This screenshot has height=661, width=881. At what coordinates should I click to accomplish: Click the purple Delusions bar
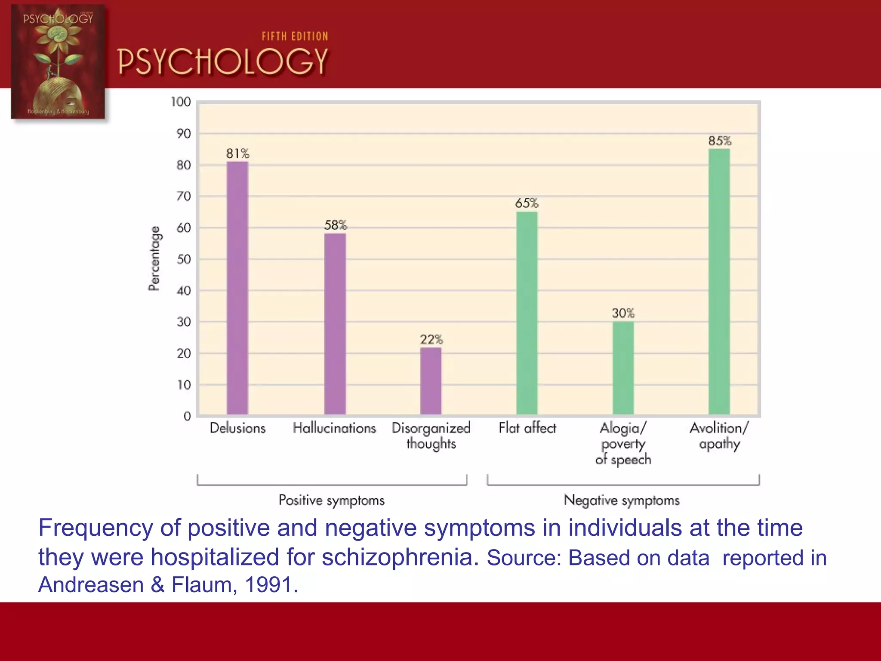click(x=237, y=288)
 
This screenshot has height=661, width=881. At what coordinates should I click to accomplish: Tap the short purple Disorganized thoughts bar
click(x=431, y=381)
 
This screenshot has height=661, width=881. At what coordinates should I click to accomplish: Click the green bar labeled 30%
click(x=623, y=368)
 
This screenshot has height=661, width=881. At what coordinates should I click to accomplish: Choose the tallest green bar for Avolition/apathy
click(x=719, y=282)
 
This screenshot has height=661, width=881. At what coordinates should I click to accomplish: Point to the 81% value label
click(x=237, y=154)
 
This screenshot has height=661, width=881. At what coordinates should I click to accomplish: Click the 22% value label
click(x=431, y=340)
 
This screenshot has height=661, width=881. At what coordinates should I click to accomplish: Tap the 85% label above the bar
click(x=720, y=141)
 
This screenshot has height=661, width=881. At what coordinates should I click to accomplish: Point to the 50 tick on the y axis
click(x=184, y=259)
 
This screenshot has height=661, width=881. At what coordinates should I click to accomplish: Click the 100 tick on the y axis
click(x=181, y=102)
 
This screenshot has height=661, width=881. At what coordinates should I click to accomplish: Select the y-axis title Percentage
click(x=154, y=258)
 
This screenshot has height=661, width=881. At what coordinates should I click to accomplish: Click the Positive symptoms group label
click(x=332, y=500)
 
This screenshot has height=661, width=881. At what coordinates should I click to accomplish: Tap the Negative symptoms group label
click(x=622, y=500)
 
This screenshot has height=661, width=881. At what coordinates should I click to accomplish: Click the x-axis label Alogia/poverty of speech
click(x=623, y=444)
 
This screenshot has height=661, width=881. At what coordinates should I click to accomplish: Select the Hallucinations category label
click(x=334, y=428)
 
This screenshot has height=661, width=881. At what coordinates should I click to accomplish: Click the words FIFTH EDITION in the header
click(x=295, y=37)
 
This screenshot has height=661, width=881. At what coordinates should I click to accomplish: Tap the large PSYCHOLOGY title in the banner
click(x=223, y=62)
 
